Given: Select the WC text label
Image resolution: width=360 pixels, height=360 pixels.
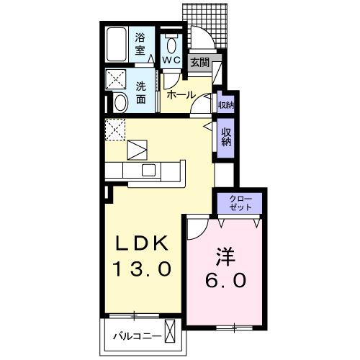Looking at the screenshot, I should [x=171, y=60].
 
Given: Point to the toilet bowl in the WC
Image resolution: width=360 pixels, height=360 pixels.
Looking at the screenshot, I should [x=171, y=41].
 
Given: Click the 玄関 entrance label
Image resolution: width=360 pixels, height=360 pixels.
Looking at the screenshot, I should [x=200, y=63].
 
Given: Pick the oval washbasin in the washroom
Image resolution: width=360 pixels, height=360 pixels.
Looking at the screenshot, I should [x=120, y=102].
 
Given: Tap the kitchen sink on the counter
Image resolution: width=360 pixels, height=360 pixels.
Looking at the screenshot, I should [x=149, y=170].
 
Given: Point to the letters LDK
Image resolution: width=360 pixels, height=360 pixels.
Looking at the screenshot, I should [x=141, y=243].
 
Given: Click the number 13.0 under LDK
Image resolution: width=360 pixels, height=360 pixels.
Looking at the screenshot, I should [x=141, y=269].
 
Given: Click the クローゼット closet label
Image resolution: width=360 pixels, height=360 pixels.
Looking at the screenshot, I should [x=240, y=202].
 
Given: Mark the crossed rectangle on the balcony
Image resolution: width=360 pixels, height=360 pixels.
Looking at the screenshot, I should [x=171, y=333].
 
